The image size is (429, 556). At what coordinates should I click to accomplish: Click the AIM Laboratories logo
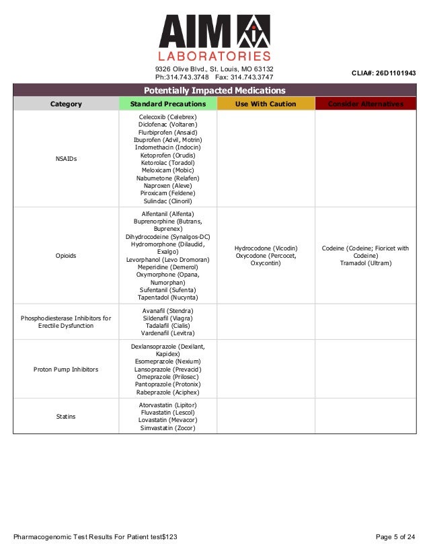[214, 38]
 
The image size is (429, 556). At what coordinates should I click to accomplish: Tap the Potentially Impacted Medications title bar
[214, 91]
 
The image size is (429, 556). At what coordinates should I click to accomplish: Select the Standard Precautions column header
[167, 104]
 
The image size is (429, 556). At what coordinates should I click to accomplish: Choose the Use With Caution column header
[266, 104]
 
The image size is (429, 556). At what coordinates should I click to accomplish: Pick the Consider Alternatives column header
[366, 104]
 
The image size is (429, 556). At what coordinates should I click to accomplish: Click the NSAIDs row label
[66, 159]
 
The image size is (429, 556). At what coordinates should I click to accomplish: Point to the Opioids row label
[66, 256]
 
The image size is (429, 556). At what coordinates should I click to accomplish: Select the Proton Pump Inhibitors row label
[66, 370]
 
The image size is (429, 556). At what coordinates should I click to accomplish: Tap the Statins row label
[66, 417]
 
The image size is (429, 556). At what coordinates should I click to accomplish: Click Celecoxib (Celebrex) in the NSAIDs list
[167, 116]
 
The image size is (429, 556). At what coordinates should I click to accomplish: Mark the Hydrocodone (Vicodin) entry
[266, 248]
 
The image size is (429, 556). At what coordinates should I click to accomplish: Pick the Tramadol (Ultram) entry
[366, 263]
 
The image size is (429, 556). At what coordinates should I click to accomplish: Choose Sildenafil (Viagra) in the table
[167, 318]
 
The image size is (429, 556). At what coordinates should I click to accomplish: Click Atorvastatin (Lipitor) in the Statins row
[167, 405]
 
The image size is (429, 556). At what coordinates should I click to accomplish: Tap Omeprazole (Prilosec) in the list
[167, 377]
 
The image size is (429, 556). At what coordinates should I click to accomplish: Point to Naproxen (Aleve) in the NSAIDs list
[167, 186]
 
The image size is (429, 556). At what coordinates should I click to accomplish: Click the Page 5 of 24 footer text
[395, 536]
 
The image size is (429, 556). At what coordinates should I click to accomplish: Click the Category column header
[66, 104]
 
